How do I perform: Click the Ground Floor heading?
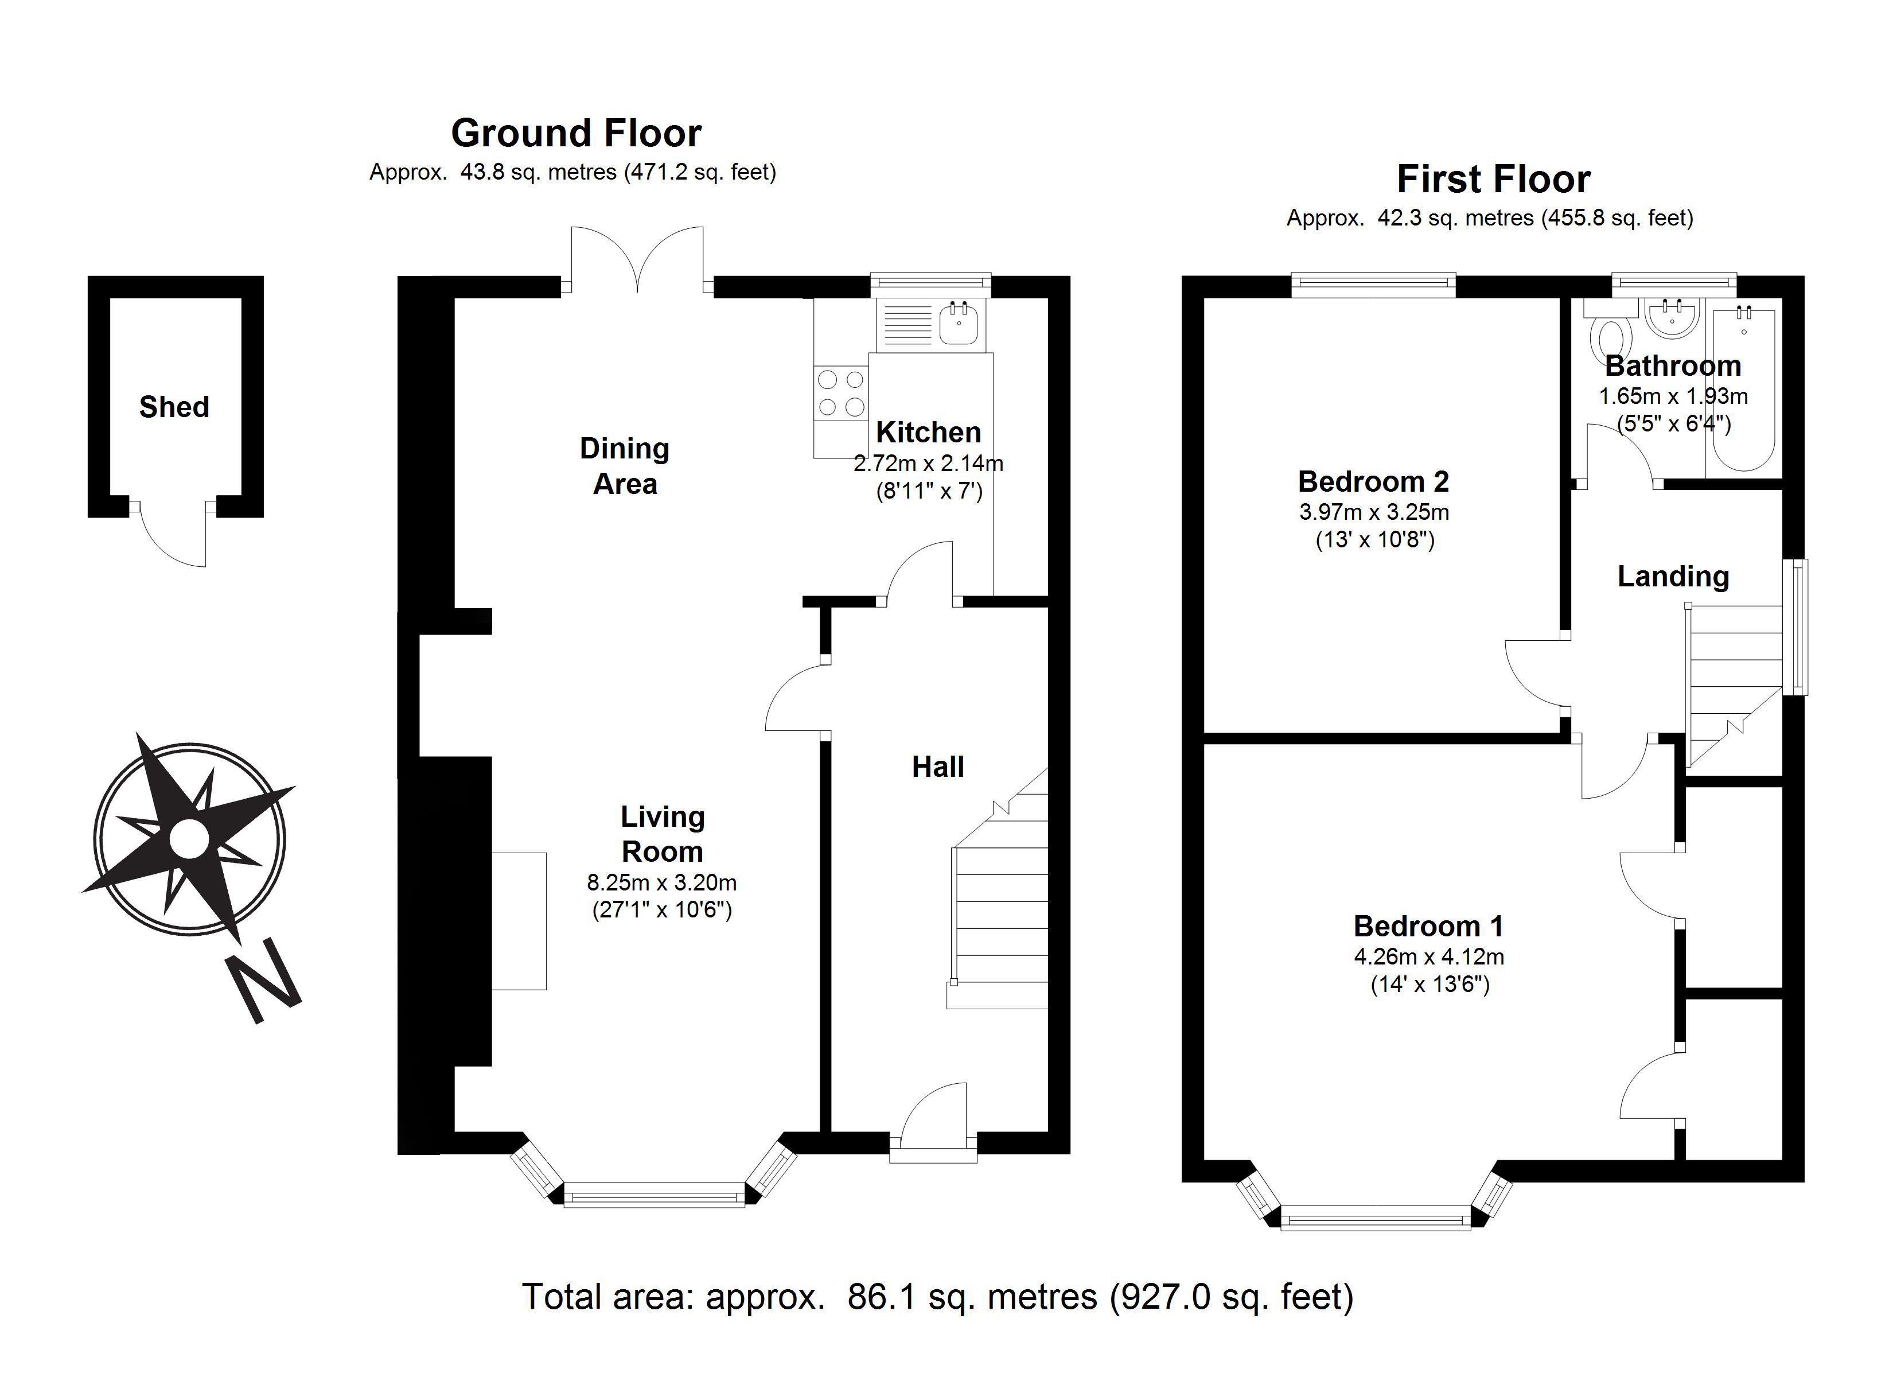pos(576,133)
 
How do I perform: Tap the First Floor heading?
pos(1493,178)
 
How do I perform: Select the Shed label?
pos(174,407)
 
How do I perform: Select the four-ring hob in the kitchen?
pos(840,394)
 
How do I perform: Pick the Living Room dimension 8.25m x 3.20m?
pos(662,882)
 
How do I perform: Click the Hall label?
pos(937,767)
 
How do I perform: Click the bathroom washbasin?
pos(1673,317)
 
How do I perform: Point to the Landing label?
pos(1673,576)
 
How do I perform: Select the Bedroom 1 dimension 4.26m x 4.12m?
pos(1429,956)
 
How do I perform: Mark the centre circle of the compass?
pos(189,838)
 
